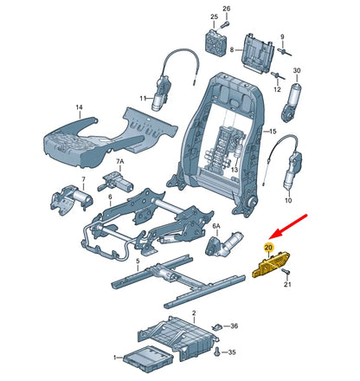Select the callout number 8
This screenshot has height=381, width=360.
[x=231, y=51]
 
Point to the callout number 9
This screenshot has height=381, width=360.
[x=282, y=36]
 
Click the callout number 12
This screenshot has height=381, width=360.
[x=277, y=89]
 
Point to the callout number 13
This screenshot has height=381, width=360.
[x=233, y=171]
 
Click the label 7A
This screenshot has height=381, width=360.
[x=120, y=161]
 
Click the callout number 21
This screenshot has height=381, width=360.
[x=290, y=285]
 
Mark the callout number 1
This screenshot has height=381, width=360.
[x=113, y=358]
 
